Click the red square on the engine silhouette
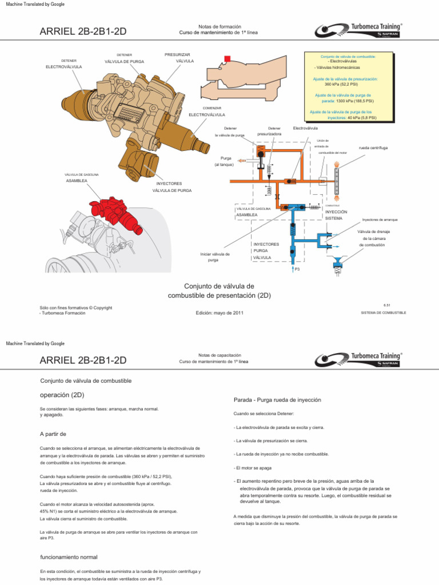tap(228, 58)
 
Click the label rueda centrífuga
tap(373, 147)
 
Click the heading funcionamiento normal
tap(69, 557)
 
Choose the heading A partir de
tap(54, 434)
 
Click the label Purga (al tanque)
tap(224, 161)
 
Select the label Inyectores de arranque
tap(380, 219)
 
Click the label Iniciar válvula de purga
tap(214, 257)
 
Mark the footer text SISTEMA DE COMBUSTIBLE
tap(384, 313)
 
